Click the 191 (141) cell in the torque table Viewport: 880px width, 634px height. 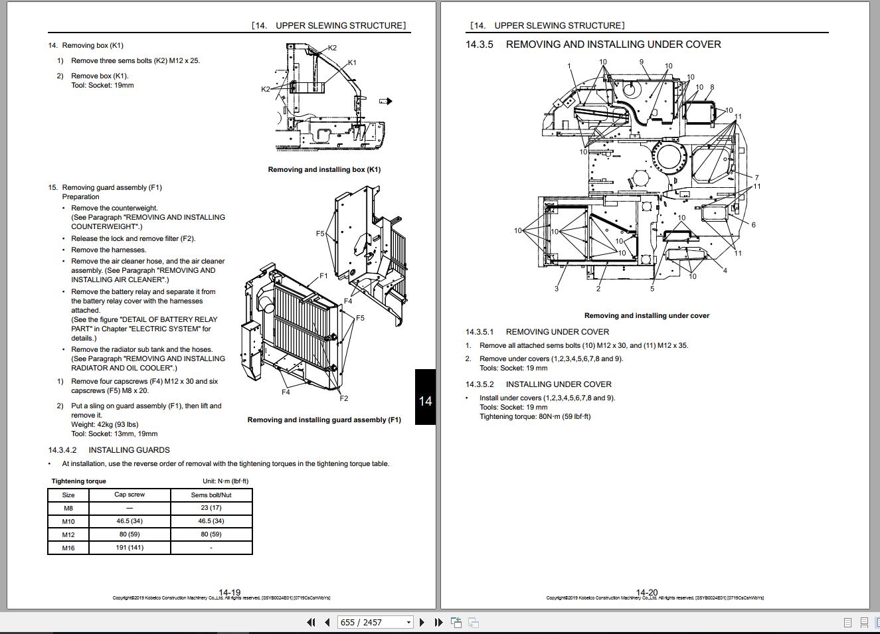(x=130, y=547)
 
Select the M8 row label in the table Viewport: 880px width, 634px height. (x=68, y=508)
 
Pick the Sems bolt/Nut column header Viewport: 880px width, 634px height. (x=211, y=495)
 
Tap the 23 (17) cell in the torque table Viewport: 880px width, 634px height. (x=211, y=507)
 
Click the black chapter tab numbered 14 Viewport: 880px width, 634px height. (x=426, y=397)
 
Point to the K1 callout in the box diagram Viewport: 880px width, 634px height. (x=352, y=62)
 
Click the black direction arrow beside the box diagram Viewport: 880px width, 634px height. (x=386, y=102)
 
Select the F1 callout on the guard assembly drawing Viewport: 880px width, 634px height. (x=323, y=276)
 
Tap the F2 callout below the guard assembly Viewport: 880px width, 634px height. (x=344, y=398)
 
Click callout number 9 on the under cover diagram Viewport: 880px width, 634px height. (x=642, y=62)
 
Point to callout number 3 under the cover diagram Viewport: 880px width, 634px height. (x=557, y=289)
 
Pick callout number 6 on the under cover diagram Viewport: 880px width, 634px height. (x=754, y=224)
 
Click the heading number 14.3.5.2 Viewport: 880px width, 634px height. (x=480, y=384)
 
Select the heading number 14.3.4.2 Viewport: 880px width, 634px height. (x=62, y=449)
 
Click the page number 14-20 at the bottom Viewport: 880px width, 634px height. (x=647, y=592)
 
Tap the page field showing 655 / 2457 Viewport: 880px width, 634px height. (x=375, y=622)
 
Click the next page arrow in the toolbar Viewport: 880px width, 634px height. (x=422, y=622)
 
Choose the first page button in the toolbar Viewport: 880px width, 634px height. (x=311, y=622)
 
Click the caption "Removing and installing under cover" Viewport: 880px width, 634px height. (x=647, y=315)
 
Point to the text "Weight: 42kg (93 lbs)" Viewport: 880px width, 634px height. (x=104, y=424)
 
